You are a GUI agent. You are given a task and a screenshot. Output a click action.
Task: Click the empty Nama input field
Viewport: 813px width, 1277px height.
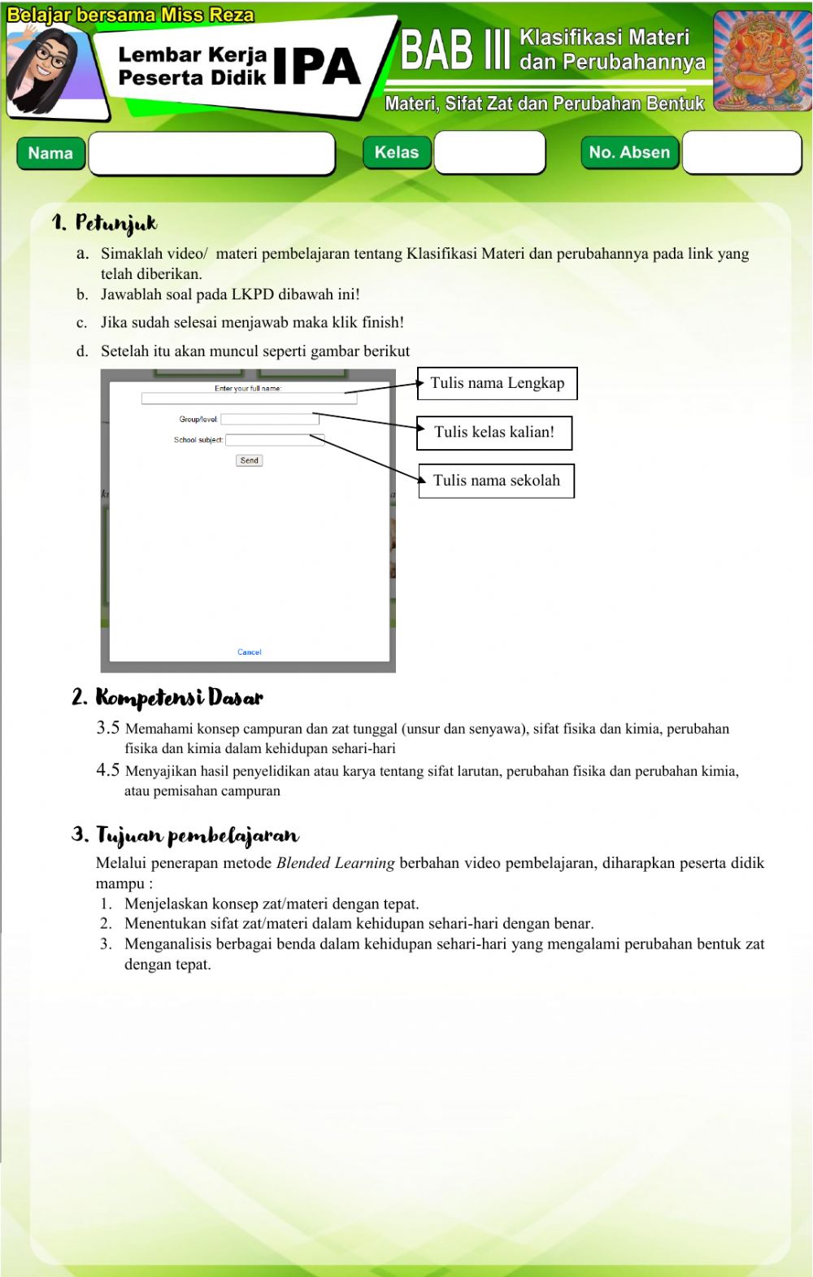211,153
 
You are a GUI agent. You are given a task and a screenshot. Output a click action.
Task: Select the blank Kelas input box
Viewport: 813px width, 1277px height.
489,152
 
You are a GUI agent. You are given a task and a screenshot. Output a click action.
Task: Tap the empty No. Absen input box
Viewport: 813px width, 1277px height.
741,152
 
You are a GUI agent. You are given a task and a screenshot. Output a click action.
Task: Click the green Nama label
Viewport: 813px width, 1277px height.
50,153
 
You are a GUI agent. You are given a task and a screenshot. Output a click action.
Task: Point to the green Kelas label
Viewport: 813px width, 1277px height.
397,152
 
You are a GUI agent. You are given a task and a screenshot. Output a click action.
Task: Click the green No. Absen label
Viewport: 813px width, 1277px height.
629,152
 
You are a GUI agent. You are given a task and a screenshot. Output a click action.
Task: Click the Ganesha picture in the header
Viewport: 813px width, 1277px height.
762,60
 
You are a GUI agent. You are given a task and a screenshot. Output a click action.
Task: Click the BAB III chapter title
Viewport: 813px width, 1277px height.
455,50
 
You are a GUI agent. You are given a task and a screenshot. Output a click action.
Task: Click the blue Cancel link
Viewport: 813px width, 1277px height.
250,652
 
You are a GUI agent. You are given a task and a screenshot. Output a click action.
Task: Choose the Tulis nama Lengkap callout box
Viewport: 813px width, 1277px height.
497,383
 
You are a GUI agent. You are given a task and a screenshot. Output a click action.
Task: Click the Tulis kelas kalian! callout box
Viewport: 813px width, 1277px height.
494,433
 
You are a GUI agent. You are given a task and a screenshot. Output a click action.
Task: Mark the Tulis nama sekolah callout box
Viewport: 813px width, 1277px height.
496,481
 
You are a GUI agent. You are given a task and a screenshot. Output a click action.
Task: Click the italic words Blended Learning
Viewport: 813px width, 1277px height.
336,863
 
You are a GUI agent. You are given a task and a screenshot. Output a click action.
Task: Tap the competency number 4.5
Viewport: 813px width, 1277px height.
108,769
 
